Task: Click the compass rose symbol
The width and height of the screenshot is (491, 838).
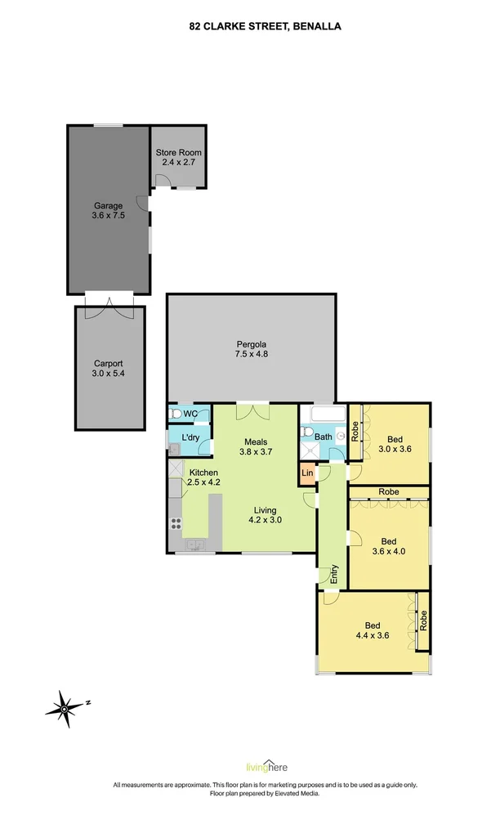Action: tap(64, 709)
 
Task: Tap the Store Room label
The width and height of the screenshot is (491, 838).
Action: tap(178, 152)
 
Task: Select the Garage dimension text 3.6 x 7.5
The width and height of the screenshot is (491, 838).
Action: tap(109, 215)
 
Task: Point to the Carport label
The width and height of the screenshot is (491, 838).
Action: tap(109, 364)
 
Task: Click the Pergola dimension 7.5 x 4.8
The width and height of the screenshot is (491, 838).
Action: tap(251, 354)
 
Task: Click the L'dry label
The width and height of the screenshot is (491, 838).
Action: tap(190, 437)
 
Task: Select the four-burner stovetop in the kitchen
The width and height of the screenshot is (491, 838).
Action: tap(176, 524)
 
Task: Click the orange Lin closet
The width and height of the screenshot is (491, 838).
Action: tap(307, 473)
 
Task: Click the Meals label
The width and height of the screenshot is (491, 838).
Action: tap(256, 442)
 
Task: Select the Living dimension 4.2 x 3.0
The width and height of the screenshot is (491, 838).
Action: tap(265, 519)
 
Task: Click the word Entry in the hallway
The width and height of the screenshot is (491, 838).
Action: tap(334, 573)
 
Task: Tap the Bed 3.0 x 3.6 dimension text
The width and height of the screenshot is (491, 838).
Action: tap(395, 450)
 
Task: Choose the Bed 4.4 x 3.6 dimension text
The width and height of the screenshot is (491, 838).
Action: tap(373, 635)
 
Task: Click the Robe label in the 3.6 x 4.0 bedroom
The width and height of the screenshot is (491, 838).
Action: tap(388, 491)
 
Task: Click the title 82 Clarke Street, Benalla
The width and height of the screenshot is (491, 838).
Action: tap(265, 25)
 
